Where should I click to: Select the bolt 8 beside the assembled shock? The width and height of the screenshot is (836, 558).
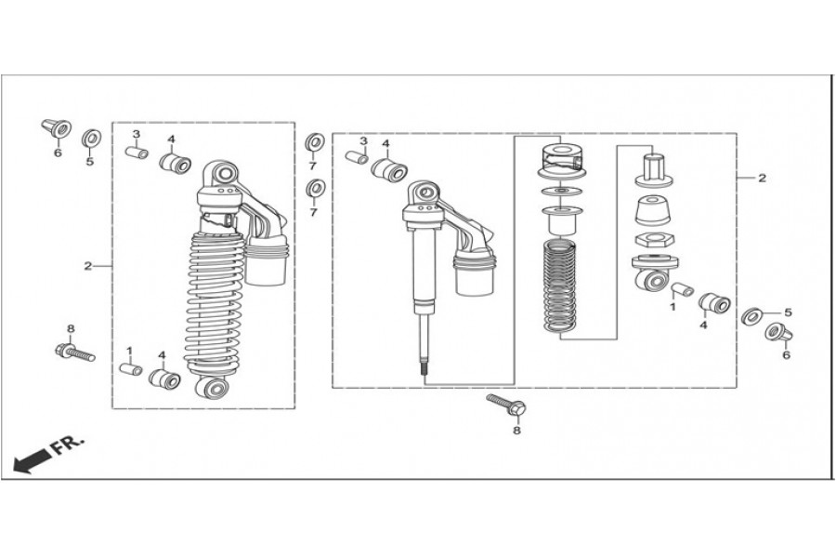tap(74, 352)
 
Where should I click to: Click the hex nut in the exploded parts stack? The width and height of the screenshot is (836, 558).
tap(652, 243)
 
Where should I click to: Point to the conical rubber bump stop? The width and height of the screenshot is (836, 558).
tap(652, 213)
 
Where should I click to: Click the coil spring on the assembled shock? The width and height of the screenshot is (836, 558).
tap(215, 298)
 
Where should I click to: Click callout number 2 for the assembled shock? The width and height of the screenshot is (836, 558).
tap(88, 266)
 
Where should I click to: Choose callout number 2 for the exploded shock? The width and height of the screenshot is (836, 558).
tap(762, 178)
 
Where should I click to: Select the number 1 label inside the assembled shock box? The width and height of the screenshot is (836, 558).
tap(130, 351)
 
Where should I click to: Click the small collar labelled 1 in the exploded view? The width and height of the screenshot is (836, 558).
tap(682, 289)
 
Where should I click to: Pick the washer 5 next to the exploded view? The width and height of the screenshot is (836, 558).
tap(753, 316)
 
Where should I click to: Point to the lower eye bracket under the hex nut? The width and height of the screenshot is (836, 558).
tap(652, 276)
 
